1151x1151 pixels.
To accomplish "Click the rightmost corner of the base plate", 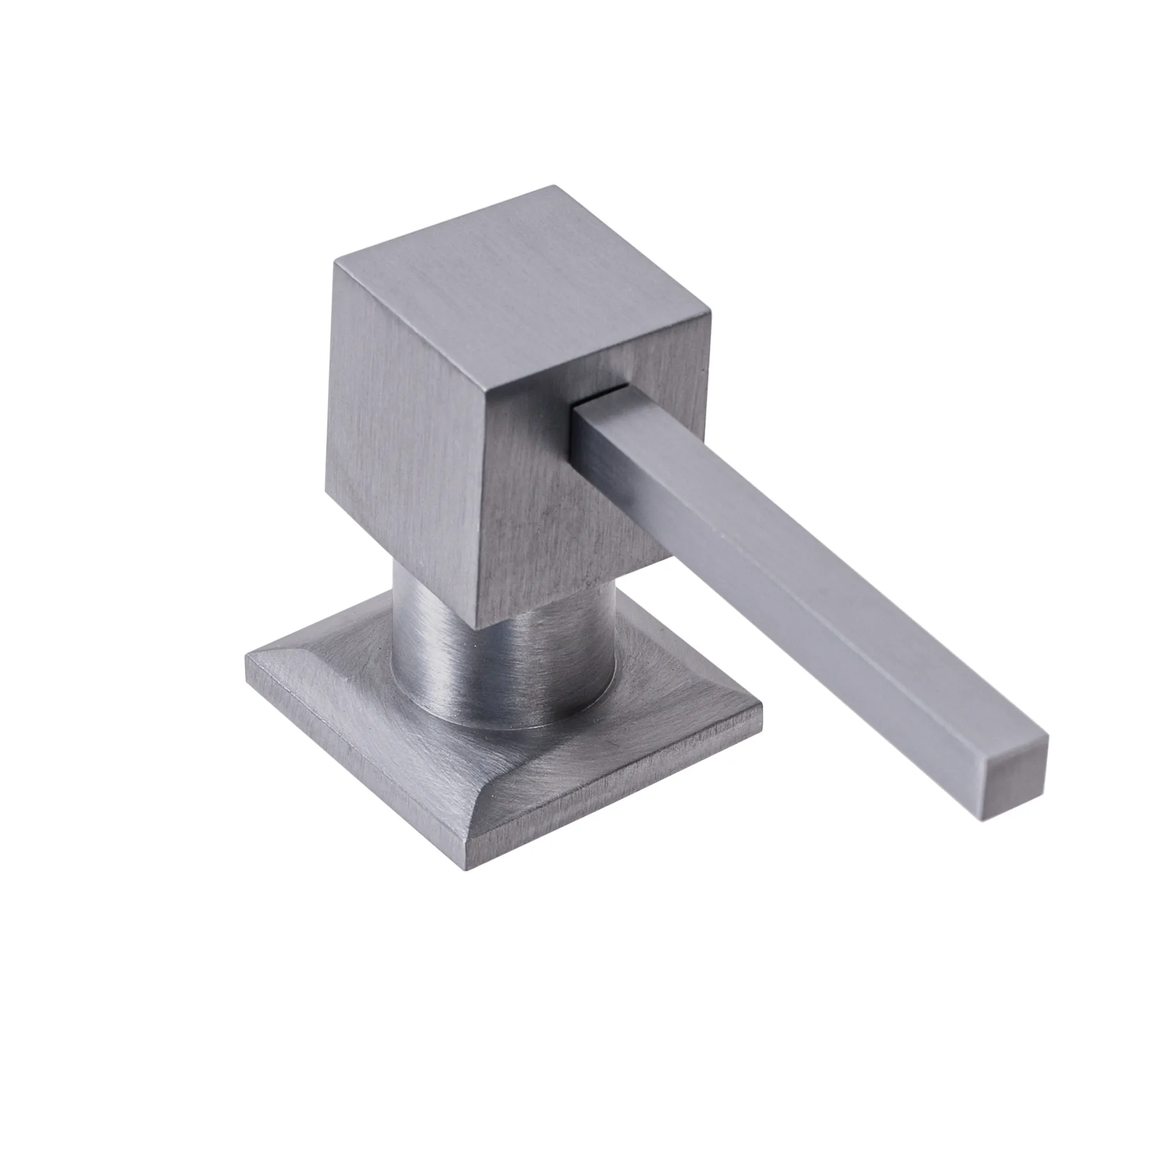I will [x=761, y=708].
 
